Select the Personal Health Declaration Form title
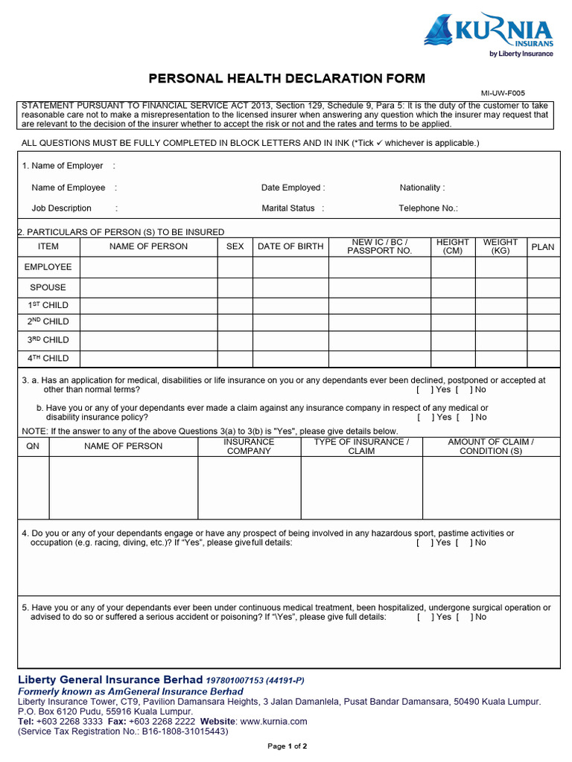(x=287, y=78)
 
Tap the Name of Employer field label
(x=63, y=166)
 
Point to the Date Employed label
(x=293, y=188)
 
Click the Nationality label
(x=422, y=188)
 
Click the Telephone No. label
(x=428, y=208)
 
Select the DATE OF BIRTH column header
(x=290, y=246)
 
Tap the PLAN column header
(x=542, y=246)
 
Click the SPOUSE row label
(x=48, y=287)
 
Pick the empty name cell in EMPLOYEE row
(x=148, y=267)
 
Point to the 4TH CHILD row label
(x=48, y=359)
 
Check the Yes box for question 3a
(x=425, y=389)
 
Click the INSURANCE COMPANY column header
(x=249, y=446)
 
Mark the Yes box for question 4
(x=425, y=542)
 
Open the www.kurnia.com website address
(x=273, y=722)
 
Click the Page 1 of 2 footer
(x=287, y=746)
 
